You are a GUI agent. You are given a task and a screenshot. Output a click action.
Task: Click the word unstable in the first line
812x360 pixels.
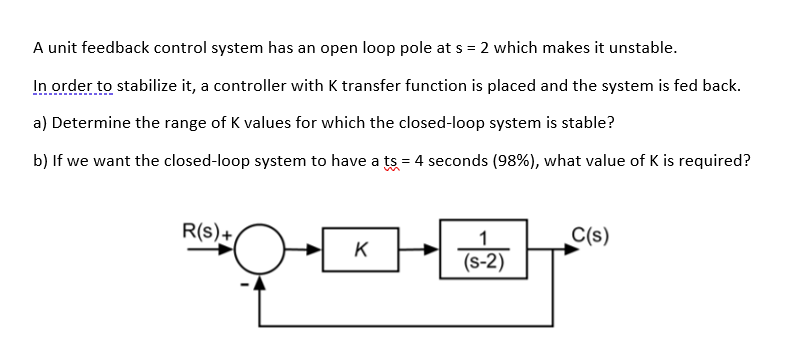coord(644,47)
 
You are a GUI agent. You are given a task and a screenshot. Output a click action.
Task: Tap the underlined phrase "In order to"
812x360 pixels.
coord(73,85)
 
